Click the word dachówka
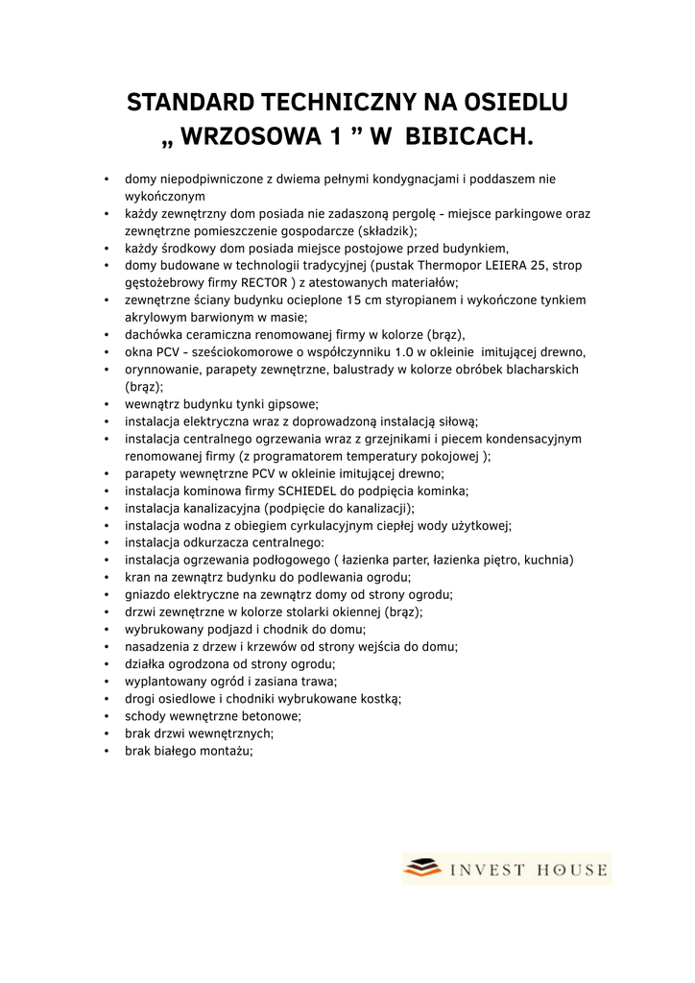point(154,334)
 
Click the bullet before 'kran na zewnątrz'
point(108,578)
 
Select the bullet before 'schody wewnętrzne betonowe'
point(108,716)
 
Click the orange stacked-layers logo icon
point(423,869)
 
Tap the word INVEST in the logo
point(488,870)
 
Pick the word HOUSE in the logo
point(574,870)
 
